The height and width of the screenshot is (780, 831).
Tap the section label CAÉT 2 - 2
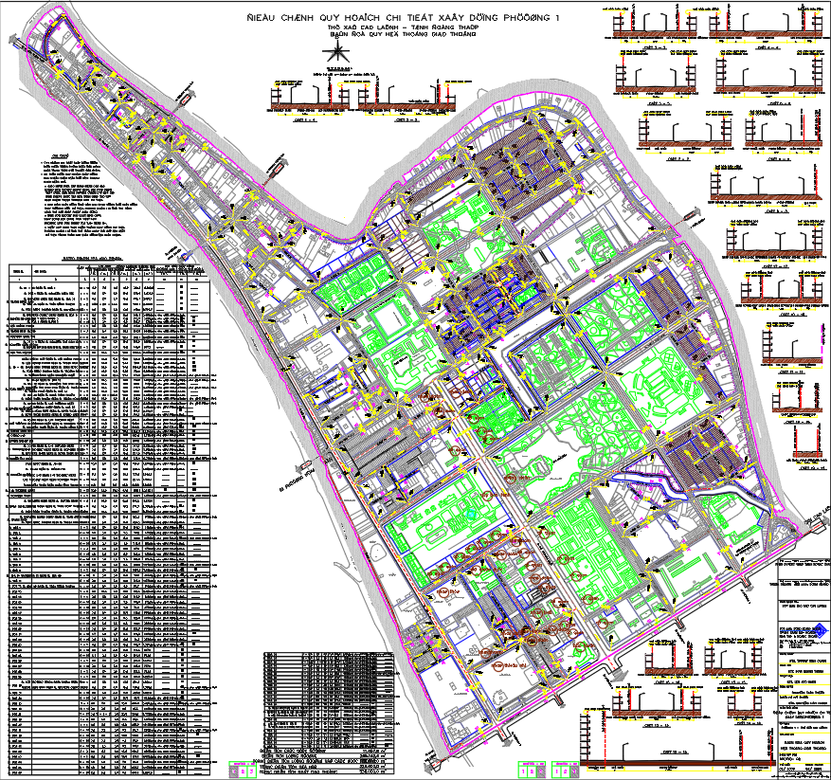[x=407, y=121]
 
